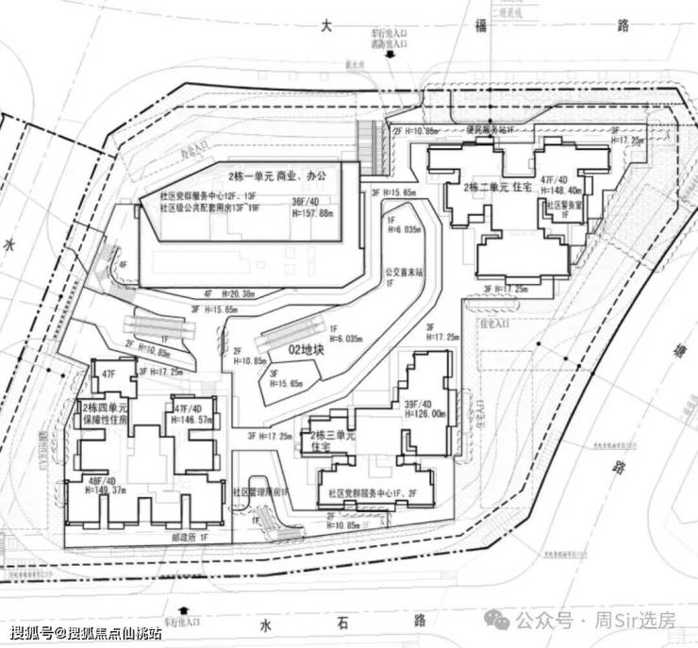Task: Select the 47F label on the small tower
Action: (x=108, y=375)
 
